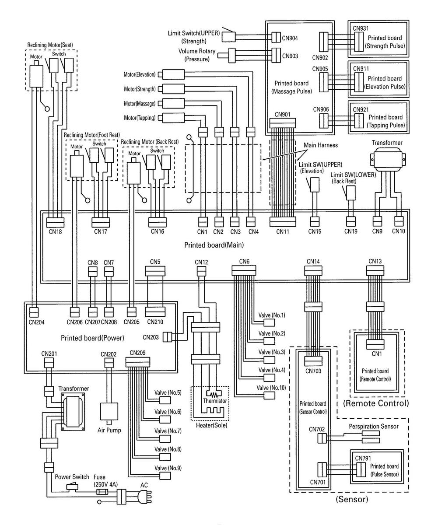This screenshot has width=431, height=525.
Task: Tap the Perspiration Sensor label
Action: [x=373, y=426]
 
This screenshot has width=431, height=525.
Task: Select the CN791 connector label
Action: [x=361, y=458]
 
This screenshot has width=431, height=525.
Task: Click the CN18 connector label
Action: [x=56, y=231]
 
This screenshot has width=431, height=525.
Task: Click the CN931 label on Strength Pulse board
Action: [x=361, y=28]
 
